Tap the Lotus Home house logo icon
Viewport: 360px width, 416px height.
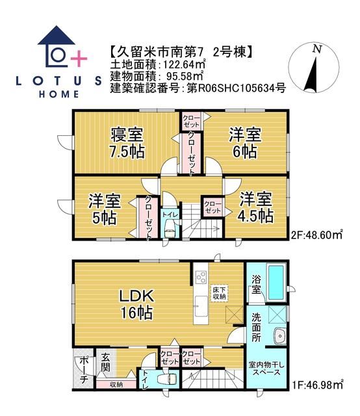click(60, 47)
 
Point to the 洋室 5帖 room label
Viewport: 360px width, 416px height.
click(104, 209)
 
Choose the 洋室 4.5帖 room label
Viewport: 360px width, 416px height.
click(255, 207)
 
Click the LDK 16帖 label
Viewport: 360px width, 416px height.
click(135, 304)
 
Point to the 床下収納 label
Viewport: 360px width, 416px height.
click(218, 292)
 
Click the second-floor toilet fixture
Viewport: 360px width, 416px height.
click(169, 228)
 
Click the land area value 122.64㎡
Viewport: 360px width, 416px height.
click(177, 63)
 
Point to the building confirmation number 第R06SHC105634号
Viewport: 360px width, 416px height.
click(235, 88)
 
